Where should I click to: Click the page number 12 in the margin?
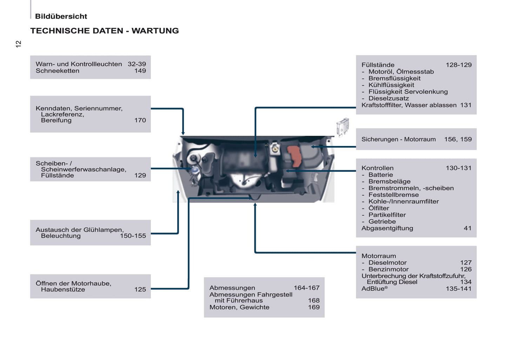tap(19, 44)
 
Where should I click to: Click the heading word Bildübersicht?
tap(61, 16)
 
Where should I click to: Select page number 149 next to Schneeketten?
tap(140, 71)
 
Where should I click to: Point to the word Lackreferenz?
tap(62, 114)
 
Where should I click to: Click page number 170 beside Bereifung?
tap(140, 120)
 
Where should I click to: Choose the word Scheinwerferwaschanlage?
tap(83, 169)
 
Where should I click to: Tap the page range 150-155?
tap(133, 236)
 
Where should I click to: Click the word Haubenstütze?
tap(63, 289)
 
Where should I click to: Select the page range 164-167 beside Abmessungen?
tap(307, 288)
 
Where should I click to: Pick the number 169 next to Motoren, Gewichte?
tap(314, 307)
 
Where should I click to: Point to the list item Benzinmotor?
tap(388, 269)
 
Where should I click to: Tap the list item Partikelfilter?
tap(387, 215)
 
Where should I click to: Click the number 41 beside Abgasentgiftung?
tap(467, 228)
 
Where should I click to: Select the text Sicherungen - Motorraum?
tap(399, 139)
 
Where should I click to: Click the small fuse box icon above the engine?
tap(342, 126)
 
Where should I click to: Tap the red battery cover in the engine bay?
tap(294, 155)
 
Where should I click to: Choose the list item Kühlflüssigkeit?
tap(391, 85)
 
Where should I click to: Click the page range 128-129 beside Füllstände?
tap(459, 65)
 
